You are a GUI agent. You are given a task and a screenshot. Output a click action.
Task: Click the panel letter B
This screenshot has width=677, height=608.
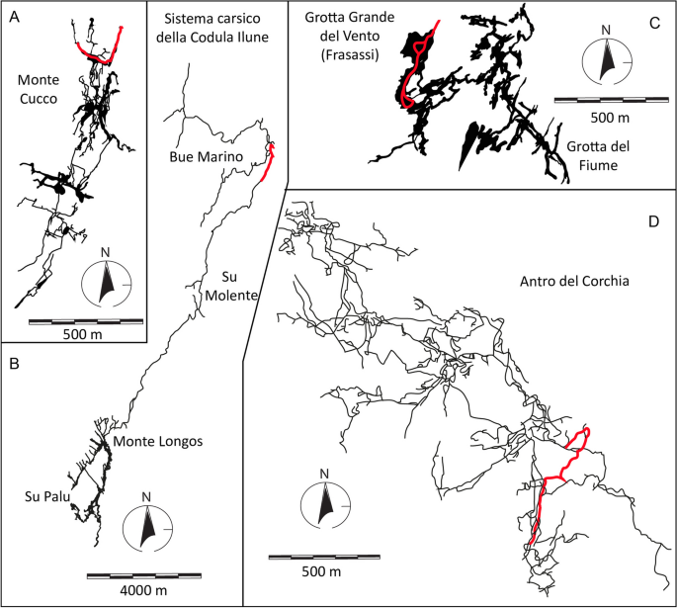[15, 364]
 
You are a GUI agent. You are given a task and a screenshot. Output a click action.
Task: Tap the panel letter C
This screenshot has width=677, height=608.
[653, 18]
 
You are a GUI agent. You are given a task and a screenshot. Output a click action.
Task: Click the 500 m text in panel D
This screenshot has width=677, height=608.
[319, 573]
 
